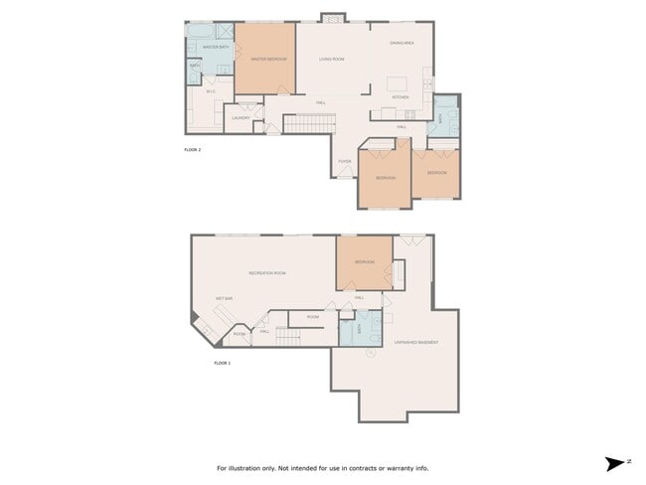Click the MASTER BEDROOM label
[265, 60]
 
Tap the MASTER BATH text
[216, 47]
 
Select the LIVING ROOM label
[331, 60]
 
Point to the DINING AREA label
[402, 43]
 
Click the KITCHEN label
[401, 97]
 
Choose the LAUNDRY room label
[241, 118]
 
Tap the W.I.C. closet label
[211, 92]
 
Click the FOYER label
[344, 161]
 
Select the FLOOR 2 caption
[193, 149]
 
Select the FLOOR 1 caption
[222, 364]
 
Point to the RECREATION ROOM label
[267, 273]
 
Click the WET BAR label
[224, 298]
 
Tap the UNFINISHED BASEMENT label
[416, 343]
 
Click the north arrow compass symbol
[613, 463]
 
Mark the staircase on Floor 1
[287, 338]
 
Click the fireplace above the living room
[332, 18]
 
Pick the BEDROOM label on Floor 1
[364, 262]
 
